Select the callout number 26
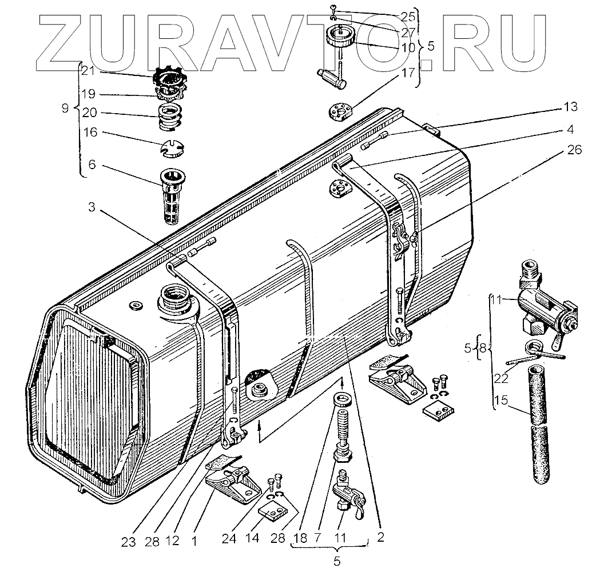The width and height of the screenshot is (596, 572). [575, 150]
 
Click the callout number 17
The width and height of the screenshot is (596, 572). [407, 73]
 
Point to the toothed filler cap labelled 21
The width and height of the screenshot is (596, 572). [169, 79]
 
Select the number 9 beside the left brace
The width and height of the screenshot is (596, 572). [65, 107]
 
